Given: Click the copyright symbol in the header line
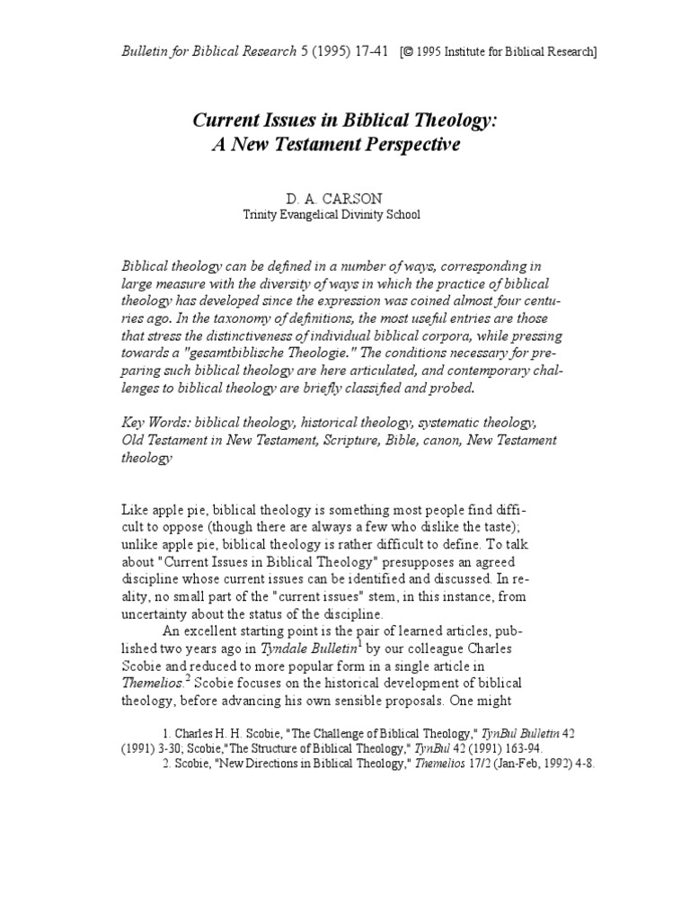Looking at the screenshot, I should tap(410, 52).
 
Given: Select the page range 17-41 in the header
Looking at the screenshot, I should tap(368, 51).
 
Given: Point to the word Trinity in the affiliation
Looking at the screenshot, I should tap(261, 215).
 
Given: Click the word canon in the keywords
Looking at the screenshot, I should tap(435, 440).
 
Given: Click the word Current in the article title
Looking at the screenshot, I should tap(225, 123).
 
